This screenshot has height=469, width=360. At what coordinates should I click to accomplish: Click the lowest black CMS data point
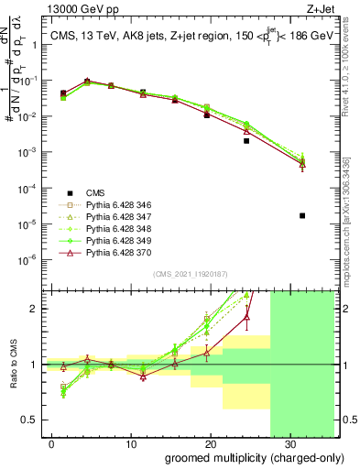click(x=302, y=216)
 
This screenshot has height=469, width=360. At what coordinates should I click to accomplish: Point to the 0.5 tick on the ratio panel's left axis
click(x=32, y=420)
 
